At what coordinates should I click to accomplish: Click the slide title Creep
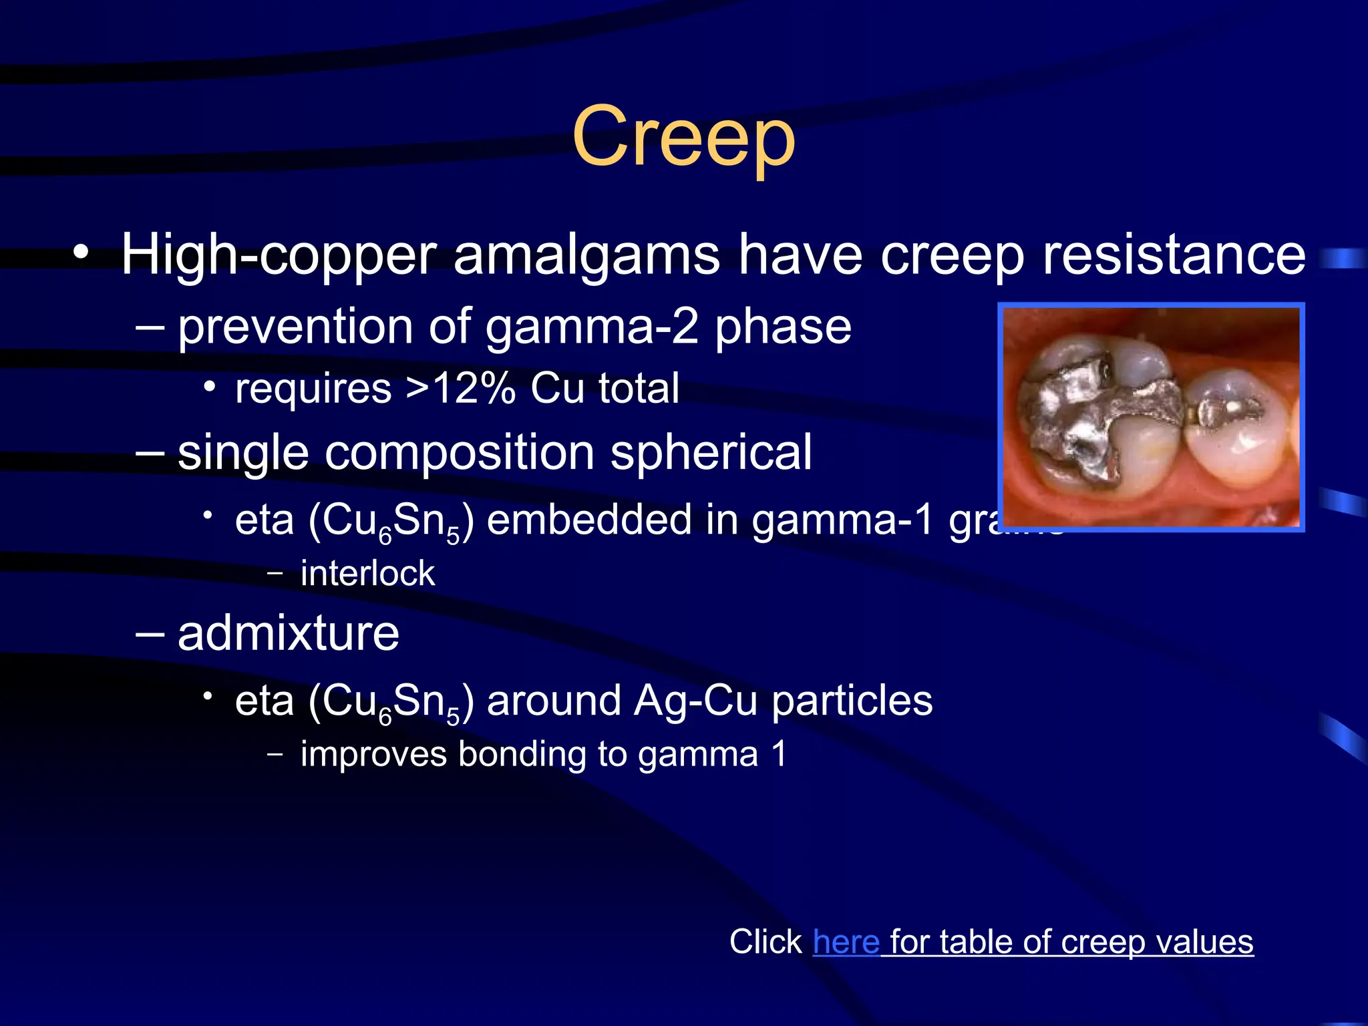coord(683,137)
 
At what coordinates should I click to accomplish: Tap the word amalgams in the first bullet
coord(587,255)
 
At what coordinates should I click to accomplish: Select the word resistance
coord(1174,255)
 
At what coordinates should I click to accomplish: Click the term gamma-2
coord(592,327)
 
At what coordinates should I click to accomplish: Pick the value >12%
coord(462,388)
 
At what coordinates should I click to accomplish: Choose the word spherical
coord(711,453)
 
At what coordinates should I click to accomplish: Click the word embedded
coord(589,520)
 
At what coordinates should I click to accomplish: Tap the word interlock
coord(367,573)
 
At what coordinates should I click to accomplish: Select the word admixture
coord(288,633)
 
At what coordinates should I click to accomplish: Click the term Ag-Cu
coord(696,701)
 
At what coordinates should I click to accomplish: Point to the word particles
coord(852,701)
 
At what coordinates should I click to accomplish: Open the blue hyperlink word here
coord(846,942)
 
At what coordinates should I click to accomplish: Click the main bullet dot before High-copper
coord(81,254)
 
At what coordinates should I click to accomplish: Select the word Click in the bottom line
coord(765,942)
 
